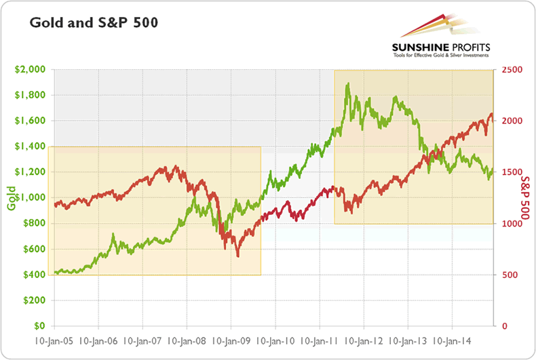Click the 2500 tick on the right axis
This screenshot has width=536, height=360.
[x=510, y=69]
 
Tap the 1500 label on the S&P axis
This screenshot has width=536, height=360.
[x=510, y=172]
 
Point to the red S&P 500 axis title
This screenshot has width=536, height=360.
[x=524, y=199]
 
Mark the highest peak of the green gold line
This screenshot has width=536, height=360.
[x=347, y=84]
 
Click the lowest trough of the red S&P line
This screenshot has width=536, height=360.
[x=237, y=256]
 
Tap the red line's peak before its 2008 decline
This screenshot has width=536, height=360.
[x=176, y=166]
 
